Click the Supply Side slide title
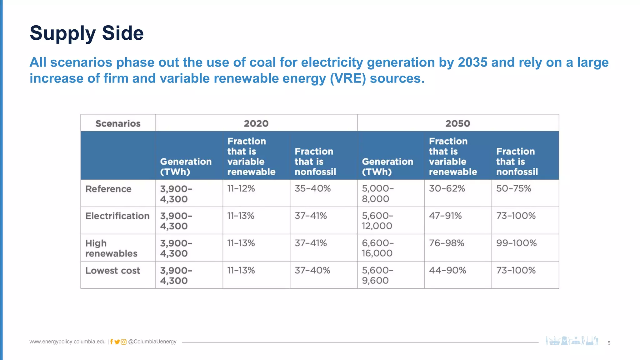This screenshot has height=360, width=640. tap(87, 33)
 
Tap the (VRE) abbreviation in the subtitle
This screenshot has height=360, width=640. tap(348, 78)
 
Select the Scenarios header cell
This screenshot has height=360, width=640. tap(118, 123)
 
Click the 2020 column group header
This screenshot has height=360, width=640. tap(256, 123)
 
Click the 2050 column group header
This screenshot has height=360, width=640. tap(457, 123)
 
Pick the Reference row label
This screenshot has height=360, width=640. tap(108, 189)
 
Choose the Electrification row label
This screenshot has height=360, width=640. tap(117, 216)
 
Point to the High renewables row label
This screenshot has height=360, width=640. tap(111, 248)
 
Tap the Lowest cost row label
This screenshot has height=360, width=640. tap(112, 271)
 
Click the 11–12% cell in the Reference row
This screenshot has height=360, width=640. tap(241, 189)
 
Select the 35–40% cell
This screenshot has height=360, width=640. tap(312, 189)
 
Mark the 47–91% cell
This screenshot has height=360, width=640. tap(445, 216)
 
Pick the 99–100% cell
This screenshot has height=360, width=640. tap(516, 243)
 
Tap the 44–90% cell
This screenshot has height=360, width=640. tap(447, 270)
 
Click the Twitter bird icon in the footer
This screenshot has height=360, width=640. tap(117, 342)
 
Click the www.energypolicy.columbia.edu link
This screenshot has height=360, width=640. tap(67, 342)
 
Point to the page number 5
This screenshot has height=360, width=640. tap(609, 343)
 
